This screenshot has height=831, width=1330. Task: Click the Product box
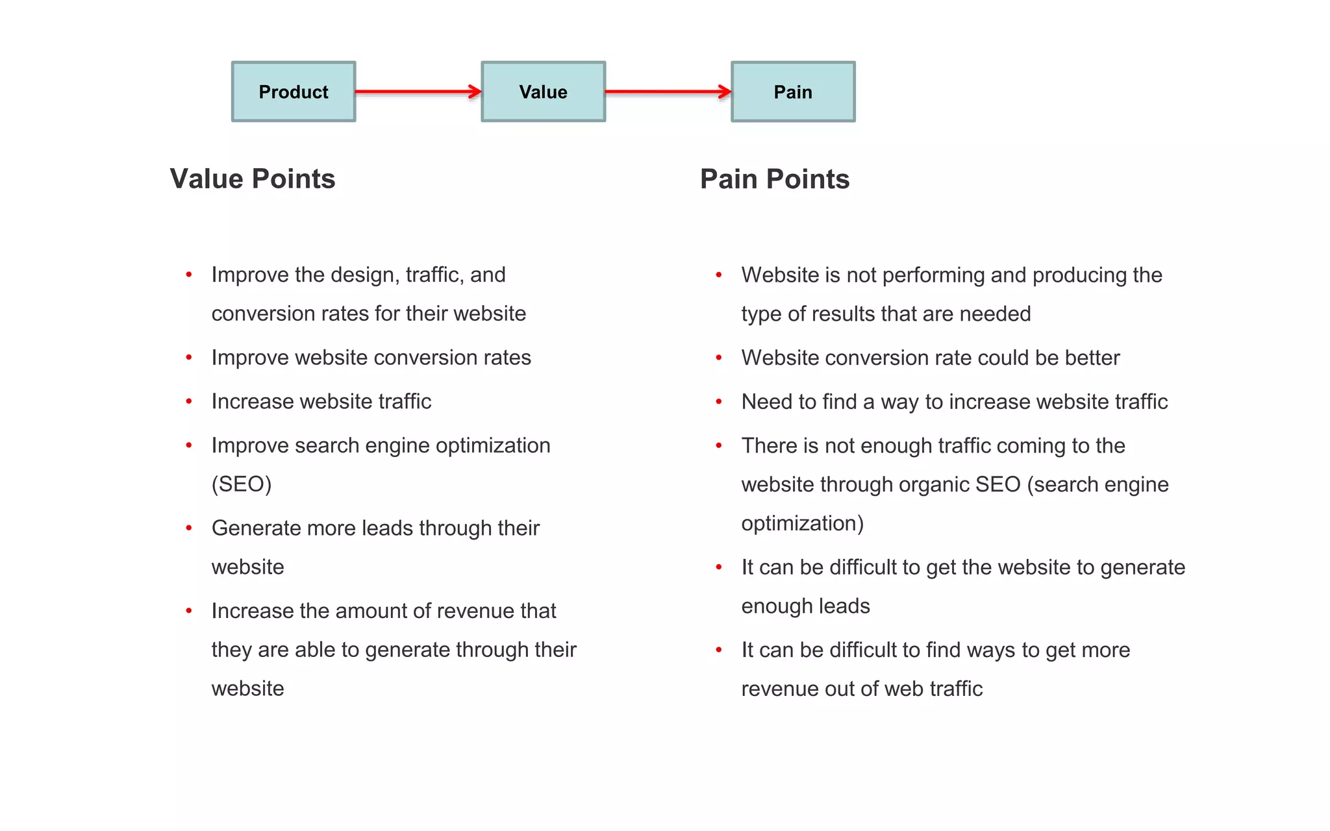coord(294,92)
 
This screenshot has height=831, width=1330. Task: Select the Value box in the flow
coord(543,92)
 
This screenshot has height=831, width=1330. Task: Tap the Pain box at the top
coord(793,92)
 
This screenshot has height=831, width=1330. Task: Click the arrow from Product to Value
coord(418,92)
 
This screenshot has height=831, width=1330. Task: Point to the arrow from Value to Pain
coord(668,92)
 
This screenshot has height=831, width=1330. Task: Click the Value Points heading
coord(253,179)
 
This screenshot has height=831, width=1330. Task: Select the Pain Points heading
coord(775,179)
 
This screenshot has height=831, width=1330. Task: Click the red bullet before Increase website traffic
coord(189,402)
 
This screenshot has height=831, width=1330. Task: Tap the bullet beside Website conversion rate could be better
coord(719,358)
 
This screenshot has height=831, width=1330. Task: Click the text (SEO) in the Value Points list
coord(242,484)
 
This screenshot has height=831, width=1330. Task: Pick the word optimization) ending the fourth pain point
coord(803,523)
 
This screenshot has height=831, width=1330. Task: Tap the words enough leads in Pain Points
coord(805,606)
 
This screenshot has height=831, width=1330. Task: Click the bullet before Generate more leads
coord(189,528)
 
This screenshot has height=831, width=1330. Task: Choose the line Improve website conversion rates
coord(371,358)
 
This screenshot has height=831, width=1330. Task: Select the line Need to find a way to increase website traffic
coord(954,402)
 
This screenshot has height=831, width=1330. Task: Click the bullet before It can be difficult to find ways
coord(719,650)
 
